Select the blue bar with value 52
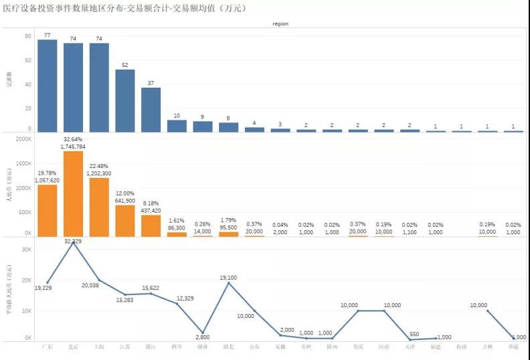(124, 100)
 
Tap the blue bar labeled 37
(151, 110)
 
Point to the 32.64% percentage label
(73, 139)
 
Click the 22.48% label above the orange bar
(99, 166)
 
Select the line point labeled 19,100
(228, 283)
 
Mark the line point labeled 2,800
(203, 333)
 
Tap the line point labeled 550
(410, 339)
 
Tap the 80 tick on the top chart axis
(27, 36)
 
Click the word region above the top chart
(280, 23)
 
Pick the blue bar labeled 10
(177, 125)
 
